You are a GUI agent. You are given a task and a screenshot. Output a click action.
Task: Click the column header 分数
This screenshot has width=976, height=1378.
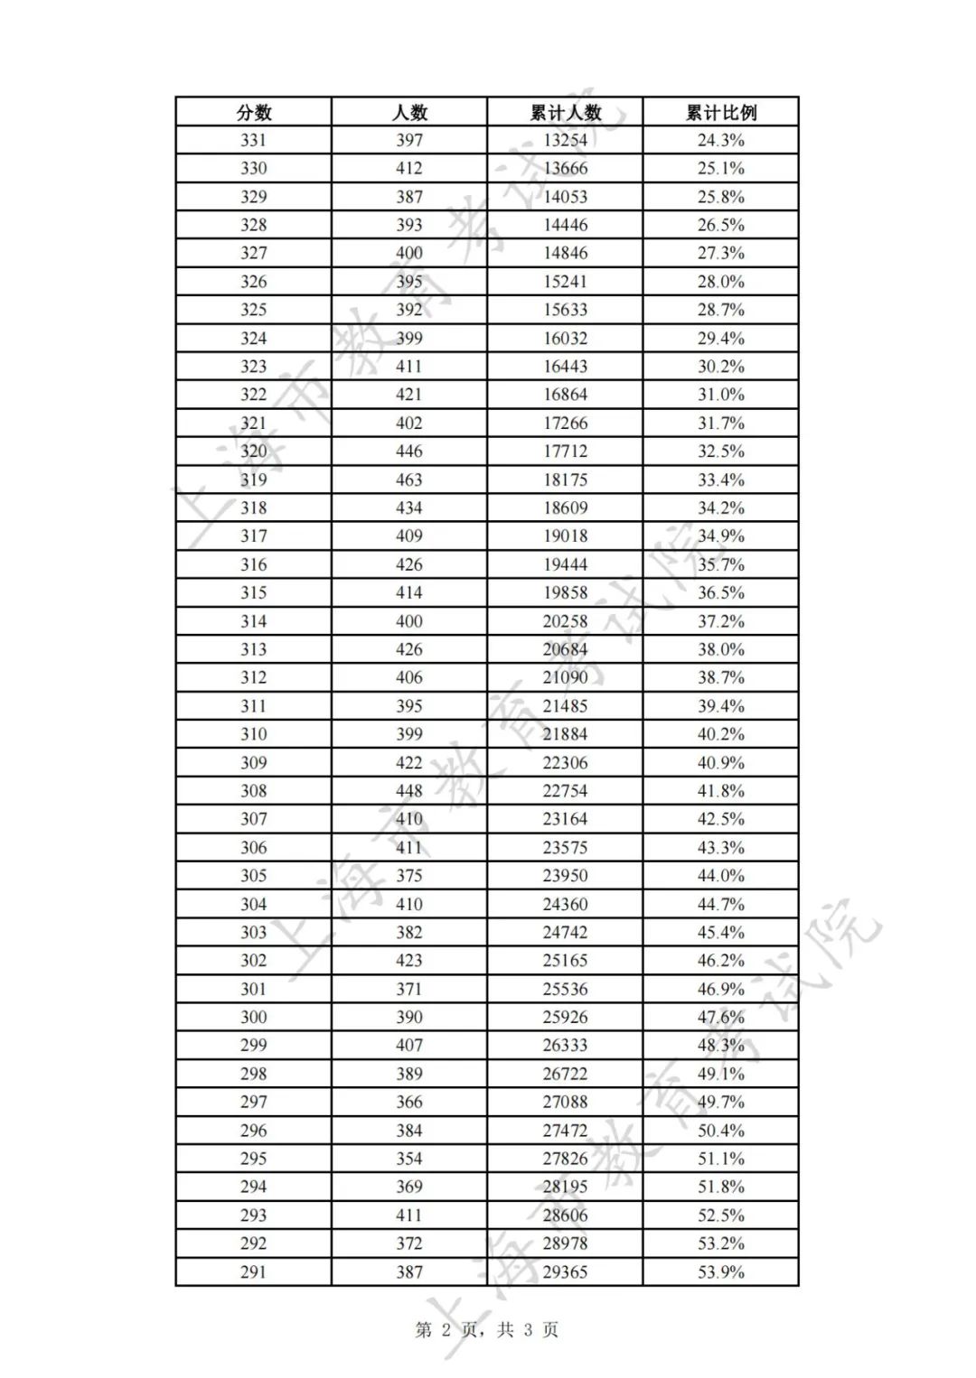[254, 112]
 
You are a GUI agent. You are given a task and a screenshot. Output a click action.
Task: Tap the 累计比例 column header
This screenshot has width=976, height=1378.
[720, 112]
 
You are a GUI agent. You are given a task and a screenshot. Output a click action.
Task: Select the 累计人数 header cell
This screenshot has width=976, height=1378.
[565, 112]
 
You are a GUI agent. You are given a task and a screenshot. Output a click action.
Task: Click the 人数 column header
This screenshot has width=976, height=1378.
[409, 112]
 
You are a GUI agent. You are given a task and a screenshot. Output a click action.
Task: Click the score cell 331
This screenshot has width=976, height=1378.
[254, 140]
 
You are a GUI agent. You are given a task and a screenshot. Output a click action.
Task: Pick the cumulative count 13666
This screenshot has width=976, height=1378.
[565, 168]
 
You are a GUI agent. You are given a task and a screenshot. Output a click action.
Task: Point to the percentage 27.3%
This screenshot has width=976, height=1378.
[720, 253]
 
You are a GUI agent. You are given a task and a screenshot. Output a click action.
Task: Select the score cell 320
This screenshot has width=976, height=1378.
[254, 451]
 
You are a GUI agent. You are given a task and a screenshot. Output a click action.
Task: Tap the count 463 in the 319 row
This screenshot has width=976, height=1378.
[409, 480]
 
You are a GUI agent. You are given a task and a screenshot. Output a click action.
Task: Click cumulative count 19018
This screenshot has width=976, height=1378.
[565, 535]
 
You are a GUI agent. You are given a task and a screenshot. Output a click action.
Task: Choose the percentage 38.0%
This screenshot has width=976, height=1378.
[720, 649]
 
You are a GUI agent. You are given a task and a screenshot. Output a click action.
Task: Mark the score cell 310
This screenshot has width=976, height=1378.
[254, 734]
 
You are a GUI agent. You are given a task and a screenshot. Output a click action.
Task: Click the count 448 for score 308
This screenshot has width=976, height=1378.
[409, 790]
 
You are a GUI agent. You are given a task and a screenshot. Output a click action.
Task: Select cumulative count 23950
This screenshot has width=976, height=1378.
[565, 875]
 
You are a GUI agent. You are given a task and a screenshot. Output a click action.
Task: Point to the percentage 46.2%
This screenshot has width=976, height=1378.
[720, 960]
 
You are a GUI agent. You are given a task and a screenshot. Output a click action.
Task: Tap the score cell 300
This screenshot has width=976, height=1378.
[254, 1017]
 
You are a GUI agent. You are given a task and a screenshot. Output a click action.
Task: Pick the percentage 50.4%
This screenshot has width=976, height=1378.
[720, 1130]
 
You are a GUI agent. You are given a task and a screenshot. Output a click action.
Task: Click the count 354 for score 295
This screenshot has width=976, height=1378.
[409, 1158]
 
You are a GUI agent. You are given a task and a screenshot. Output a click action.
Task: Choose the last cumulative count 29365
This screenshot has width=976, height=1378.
[565, 1271]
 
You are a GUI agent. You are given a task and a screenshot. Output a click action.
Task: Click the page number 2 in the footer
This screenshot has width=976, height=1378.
[446, 1329]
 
